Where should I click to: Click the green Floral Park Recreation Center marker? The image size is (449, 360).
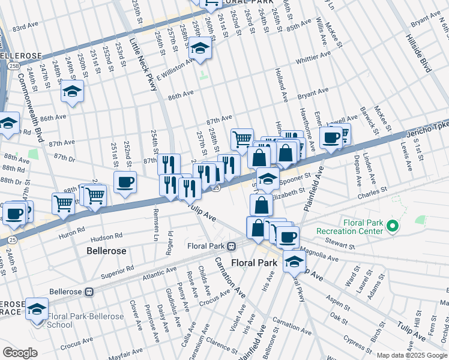pyautogui.click(x=393, y=226)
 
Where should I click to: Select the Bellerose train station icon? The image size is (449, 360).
pyautogui.click(x=89, y=292)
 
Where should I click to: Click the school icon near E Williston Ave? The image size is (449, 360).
pyautogui.click(x=200, y=47)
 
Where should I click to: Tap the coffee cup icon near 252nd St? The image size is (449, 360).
pyautogui.click(x=125, y=182)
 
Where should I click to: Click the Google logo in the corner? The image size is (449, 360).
pyautogui.click(x=20, y=352)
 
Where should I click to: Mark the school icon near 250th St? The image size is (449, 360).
pyautogui.click(x=72, y=92)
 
